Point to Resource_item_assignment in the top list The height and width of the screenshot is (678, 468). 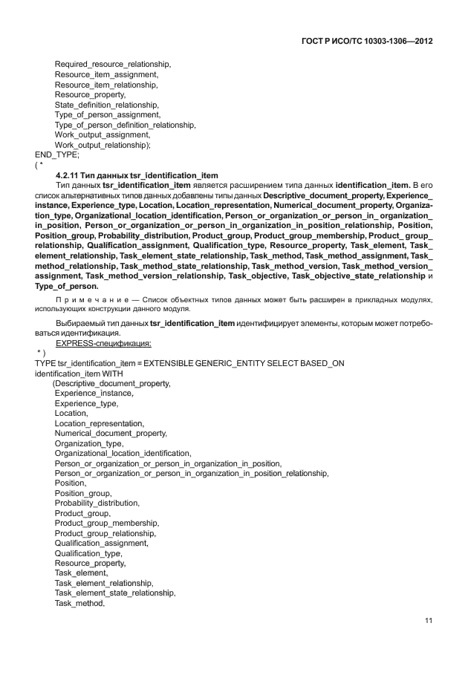pyautogui.click(x=105, y=75)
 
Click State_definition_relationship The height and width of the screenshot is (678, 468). pyautogui.click(x=106, y=105)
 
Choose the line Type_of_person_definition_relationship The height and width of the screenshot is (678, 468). pyautogui.click(x=125, y=126)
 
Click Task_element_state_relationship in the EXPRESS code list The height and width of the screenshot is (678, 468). pyautogui.click(x=115, y=593)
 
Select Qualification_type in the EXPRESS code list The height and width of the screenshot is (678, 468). pyautogui.click(x=88, y=553)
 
